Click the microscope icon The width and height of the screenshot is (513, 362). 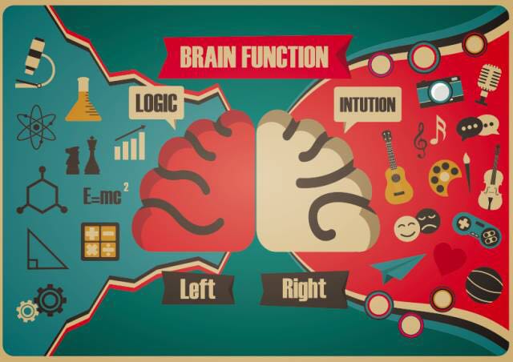pos(35,64)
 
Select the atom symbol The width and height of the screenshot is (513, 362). pos(36,127)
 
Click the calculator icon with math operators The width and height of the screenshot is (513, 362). pos(100,242)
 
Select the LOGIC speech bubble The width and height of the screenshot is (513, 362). pos(157,104)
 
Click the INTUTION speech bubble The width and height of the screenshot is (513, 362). pos(367,105)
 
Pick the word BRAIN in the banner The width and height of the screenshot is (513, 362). pos(208,57)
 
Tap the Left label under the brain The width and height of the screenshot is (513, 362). pos(198,289)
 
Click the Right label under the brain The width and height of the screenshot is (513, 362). pos(305,289)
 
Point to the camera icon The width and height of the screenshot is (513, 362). pos(440,91)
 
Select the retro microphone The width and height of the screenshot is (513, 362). pos(488,84)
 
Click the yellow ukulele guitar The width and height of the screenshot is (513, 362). pos(396,167)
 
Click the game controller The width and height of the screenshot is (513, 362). pos(477,230)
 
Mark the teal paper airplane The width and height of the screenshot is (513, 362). pos(398,267)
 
